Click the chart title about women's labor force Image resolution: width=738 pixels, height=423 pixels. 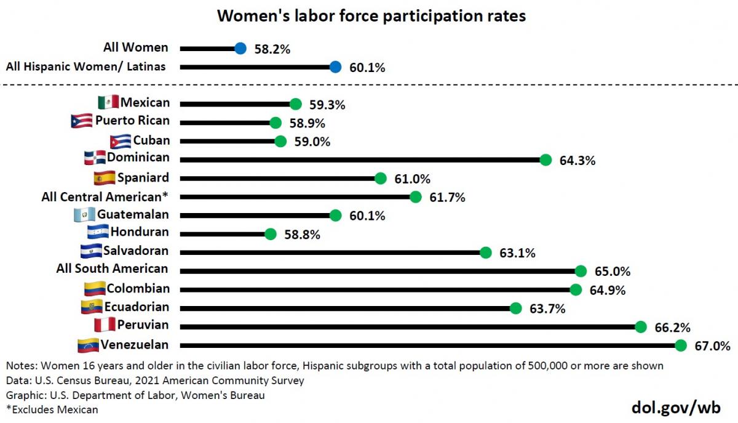pos(371,17)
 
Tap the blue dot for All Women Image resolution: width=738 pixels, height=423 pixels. pos(240,48)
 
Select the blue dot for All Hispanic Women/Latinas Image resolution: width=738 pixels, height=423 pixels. pos(335,67)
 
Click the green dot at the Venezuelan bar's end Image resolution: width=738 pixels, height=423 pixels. pos(681,345)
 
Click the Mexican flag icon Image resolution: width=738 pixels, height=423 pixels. pos(108,103)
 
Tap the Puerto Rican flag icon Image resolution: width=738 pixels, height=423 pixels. pos(82,121)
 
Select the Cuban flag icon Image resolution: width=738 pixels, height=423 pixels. pos(121,141)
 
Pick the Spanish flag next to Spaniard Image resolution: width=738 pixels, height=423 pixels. pos(103,178)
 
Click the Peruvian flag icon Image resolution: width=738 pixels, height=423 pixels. pos(104,324)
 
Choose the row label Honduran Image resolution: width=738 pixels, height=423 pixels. pos(140,233)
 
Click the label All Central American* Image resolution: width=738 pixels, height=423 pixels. pos(105,197)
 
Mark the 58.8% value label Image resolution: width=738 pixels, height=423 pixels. pos(302,235)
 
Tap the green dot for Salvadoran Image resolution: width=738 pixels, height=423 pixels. pos(485,252)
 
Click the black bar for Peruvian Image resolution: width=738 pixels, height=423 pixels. pos(406,327)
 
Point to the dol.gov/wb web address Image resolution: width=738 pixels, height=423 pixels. pos(676,407)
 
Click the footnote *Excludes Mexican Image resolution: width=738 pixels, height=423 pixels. pos(52,409)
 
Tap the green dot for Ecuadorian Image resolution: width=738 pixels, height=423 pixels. pos(515,308)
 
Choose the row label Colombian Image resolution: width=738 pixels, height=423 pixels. pos(138,288)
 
